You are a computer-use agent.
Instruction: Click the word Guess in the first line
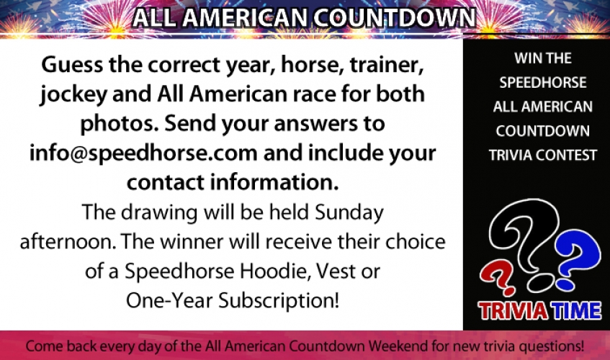tap(72, 64)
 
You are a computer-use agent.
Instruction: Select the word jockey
tap(73, 95)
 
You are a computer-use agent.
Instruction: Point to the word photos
tap(119, 125)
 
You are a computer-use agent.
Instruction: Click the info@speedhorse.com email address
tap(143, 153)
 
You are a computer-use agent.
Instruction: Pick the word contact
tap(166, 182)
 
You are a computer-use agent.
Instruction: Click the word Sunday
tap(349, 213)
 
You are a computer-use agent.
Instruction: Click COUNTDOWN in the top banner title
tap(394, 17)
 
